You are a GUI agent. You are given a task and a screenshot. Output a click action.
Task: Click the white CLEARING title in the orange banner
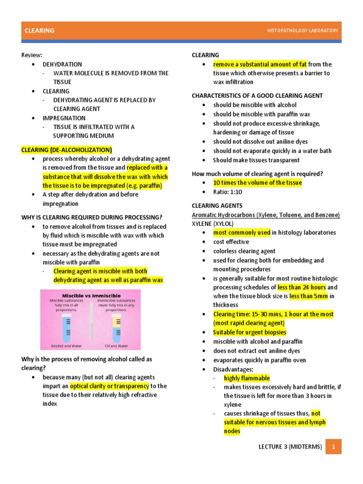click(x=39, y=31)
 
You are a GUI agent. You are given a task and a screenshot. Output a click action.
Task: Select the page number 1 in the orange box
click(x=333, y=446)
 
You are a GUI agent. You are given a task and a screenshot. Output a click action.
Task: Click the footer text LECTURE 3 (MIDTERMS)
click(x=290, y=446)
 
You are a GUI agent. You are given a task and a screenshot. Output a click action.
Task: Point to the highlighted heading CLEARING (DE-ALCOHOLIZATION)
click(x=67, y=150)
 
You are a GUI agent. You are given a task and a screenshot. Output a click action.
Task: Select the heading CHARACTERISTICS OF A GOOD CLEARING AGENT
click(x=257, y=96)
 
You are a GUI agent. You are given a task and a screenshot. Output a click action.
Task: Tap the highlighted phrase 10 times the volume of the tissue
click(x=257, y=183)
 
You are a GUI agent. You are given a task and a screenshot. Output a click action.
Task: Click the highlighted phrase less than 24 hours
click(x=302, y=287)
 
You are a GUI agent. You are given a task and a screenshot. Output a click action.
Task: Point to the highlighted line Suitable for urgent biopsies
click(x=250, y=332)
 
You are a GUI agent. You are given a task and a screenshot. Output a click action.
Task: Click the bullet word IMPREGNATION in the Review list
click(x=64, y=118)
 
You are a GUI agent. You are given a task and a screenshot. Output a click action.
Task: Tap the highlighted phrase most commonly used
click(x=242, y=233)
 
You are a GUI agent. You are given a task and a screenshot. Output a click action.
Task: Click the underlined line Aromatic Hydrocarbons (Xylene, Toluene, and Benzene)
click(x=266, y=215)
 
